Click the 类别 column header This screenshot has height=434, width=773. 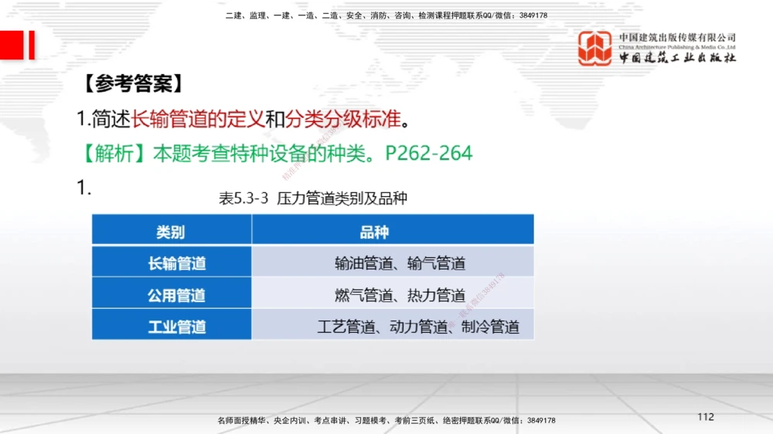pyautogui.click(x=171, y=232)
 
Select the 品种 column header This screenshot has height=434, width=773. pyautogui.click(x=374, y=232)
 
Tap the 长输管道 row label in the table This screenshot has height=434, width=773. pyautogui.click(x=177, y=263)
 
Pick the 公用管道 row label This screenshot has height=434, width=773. pyautogui.click(x=177, y=295)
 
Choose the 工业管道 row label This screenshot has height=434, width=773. pyautogui.click(x=177, y=327)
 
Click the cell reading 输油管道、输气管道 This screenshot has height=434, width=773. pyautogui.click(x=400, y=263)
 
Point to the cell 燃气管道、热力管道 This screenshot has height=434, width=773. pyautogui.click(x=400, y=295)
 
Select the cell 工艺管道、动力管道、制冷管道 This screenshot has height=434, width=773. pyautogui.click(x=418, y=327)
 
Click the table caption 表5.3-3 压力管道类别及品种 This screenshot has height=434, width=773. pyautogui.click(x=313, y=198)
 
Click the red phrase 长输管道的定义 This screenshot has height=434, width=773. pyautogui.click(x=198, y=119)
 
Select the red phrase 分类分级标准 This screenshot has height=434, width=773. pyautogui.click(x=343, y=119)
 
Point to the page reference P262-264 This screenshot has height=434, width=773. pyautogui.click(x=428, y=153)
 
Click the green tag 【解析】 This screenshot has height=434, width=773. pyautogui.click(x=114, y=153)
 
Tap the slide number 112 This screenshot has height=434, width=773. pyautogui.click(x=705, y=417)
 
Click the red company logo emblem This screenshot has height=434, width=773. pyautogui.click(x=594, y=48)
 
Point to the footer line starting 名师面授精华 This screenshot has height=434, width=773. pyautogui.click(x=386, y=421)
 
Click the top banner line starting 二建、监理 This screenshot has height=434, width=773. pyautogui.click(x=386, y=15)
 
